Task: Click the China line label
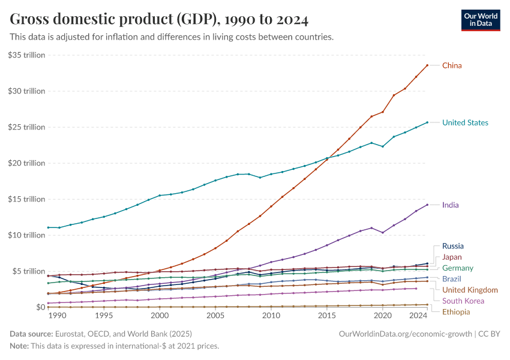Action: tap(452, 65)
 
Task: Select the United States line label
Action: tap(465, 122)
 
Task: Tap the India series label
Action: tap(450, 205)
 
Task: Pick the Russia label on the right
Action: tap(452, 246)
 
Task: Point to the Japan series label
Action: tap(452, 257)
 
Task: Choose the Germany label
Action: tap(457, 268)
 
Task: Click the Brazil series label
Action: tap(452, 279)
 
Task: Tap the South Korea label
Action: tap(463, 301)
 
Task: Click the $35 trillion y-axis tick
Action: tap(27, 55)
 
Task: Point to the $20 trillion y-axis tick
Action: tap(27, 163)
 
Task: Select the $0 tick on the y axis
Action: tap(40, 307)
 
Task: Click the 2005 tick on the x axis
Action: tap(215, 316)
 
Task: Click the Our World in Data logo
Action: tap(480, 20)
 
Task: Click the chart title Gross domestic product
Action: tap(159, 20)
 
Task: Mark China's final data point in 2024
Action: tap(427, 65)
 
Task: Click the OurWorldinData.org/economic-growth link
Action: tap(406, 333)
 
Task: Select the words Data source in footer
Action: tap(29, 333)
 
